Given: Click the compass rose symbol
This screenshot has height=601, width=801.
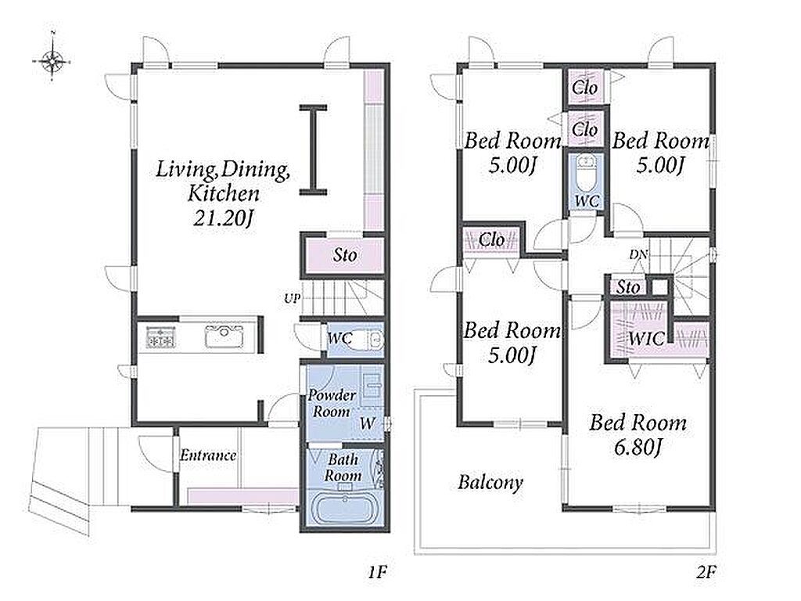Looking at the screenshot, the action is (52, 61).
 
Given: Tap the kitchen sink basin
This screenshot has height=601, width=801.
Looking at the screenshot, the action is (224, 336).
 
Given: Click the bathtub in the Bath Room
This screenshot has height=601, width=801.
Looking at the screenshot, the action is (344, 509).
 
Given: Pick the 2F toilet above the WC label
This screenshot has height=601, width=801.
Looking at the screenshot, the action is (586, 171).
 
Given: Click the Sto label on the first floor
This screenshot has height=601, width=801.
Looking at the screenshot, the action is (345, 254).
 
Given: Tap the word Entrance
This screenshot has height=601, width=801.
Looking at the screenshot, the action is (208, 455).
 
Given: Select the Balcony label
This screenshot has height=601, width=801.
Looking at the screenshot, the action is (490, 482).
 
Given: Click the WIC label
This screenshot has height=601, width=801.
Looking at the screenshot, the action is (646, 338).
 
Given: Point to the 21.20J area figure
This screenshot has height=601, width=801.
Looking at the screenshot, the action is (223, 218).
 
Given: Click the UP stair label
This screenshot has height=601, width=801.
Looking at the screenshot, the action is (293, 298).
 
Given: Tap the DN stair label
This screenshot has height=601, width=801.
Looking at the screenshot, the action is (638, 254).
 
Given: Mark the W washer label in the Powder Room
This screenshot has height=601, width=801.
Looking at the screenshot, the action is (368, 423).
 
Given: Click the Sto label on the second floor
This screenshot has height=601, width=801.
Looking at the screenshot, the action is (628, 287).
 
